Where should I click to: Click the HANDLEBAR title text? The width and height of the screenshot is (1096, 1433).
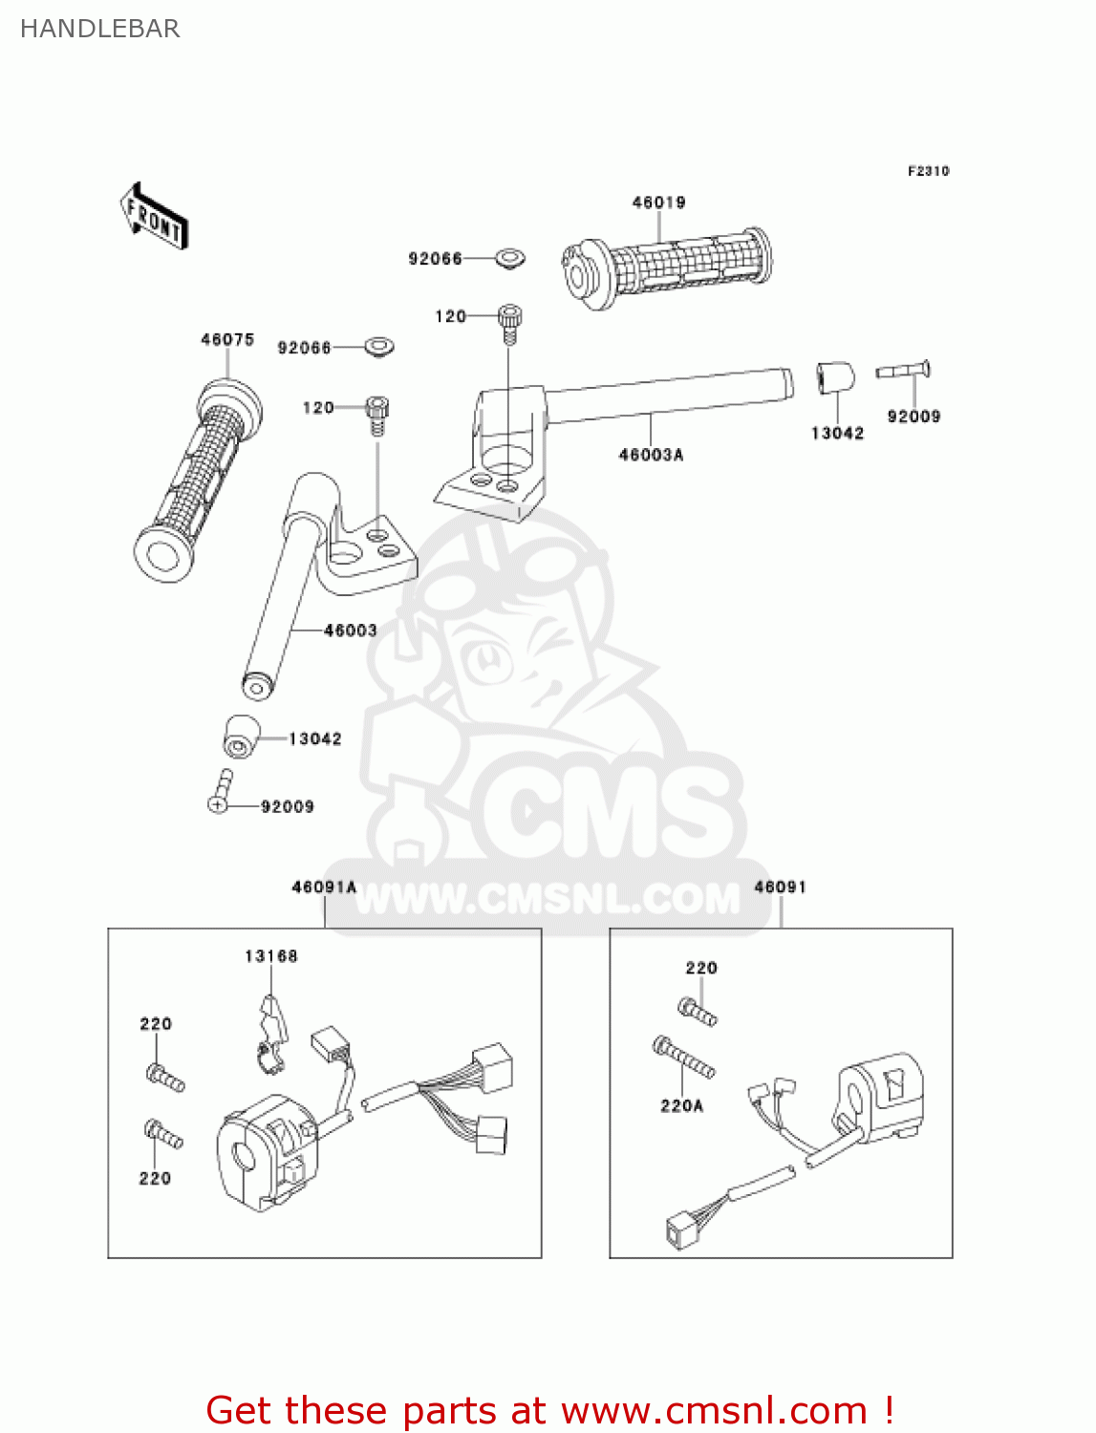point(99,29)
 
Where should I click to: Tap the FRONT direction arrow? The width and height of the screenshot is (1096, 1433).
point(154,217)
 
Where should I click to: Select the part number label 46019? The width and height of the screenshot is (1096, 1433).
point(658,203)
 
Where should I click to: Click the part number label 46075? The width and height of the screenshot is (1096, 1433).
point(227,340)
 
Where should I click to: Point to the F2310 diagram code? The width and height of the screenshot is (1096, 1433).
point(928,171)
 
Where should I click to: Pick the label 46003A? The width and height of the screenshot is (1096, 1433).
point(651,455)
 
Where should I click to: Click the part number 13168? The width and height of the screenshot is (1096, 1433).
point(271,956)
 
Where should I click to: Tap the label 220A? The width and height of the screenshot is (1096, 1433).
point(681,1105)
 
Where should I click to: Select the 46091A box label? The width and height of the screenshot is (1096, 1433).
point(324,888)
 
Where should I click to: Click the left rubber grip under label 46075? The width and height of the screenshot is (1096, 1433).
point(199,478)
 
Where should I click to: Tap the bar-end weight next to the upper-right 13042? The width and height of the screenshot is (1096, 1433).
point(834,376)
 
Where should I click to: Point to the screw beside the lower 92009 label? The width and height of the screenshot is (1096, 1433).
point(221,792)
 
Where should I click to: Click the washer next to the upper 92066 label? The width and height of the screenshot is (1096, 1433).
point(510,258)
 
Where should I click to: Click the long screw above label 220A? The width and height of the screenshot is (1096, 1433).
point(683,1058)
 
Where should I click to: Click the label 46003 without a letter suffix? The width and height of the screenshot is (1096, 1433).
point(350,631)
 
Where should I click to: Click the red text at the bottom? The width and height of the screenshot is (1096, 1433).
point(549,1410)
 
